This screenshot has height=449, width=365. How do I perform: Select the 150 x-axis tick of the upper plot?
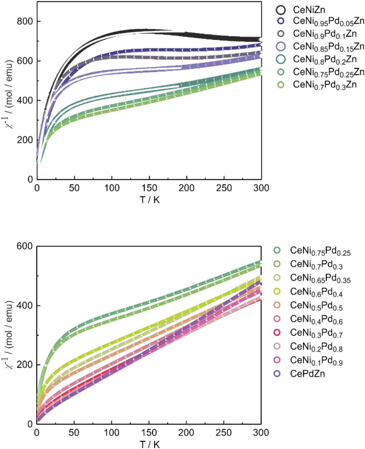149,189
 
